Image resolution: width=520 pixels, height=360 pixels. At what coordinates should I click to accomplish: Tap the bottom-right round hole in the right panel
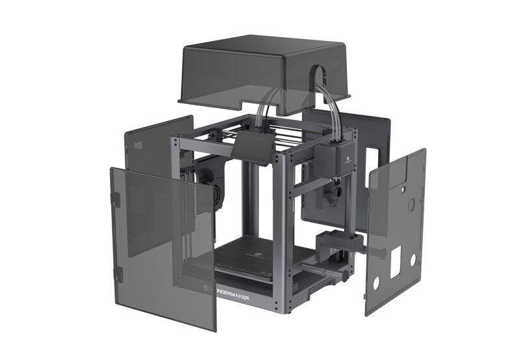[413, 259]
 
